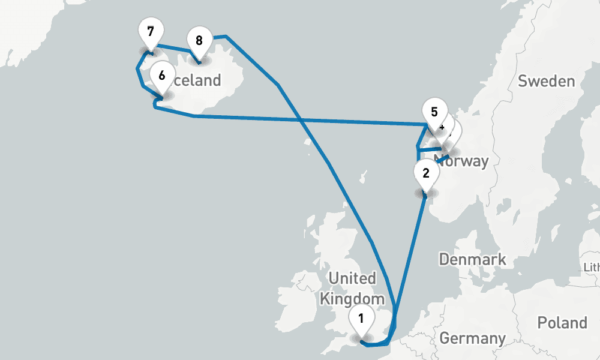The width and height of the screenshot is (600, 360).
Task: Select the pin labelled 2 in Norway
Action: click(426, 175)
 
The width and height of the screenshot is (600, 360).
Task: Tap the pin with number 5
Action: click(434, 112)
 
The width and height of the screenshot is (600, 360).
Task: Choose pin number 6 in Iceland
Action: click(161, 76)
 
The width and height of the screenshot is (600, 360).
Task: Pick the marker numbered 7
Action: click(150, 32)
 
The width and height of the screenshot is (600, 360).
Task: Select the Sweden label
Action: click(546, 81)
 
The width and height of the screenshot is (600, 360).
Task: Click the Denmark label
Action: click(473, 260)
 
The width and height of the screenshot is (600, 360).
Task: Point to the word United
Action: click(352, 279)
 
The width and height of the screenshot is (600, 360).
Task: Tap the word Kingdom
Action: click(352, 299)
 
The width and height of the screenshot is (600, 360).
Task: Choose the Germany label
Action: click(473, 338)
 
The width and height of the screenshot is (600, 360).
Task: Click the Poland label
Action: click(562, 323)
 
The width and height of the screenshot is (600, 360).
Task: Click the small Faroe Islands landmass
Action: click(364, 178)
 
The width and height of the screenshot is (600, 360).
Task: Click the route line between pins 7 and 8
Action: click(174, 48)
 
